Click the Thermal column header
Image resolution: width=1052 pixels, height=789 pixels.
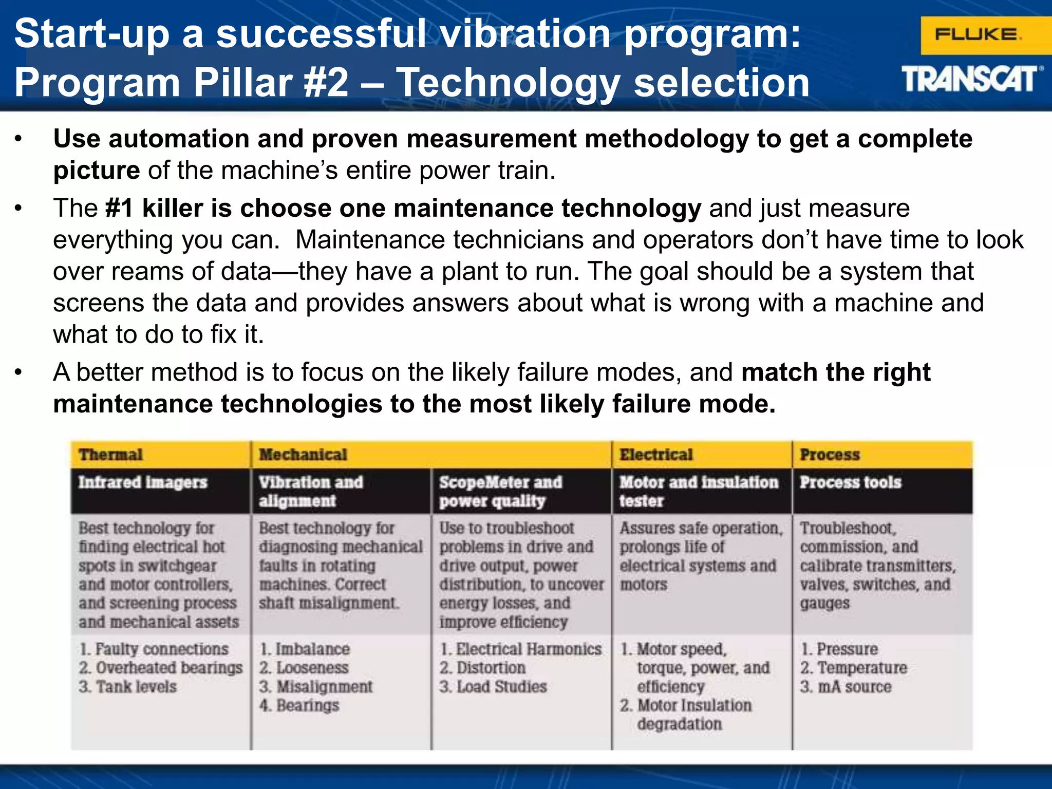[110, 455]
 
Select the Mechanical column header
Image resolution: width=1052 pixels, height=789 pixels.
[303, 455]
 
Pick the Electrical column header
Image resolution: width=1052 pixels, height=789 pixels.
[656, 455]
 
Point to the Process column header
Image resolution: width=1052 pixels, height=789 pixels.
[830, 455]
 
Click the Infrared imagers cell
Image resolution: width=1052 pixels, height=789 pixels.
[143, 482]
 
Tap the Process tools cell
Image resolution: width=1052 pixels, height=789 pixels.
[851, 482]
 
